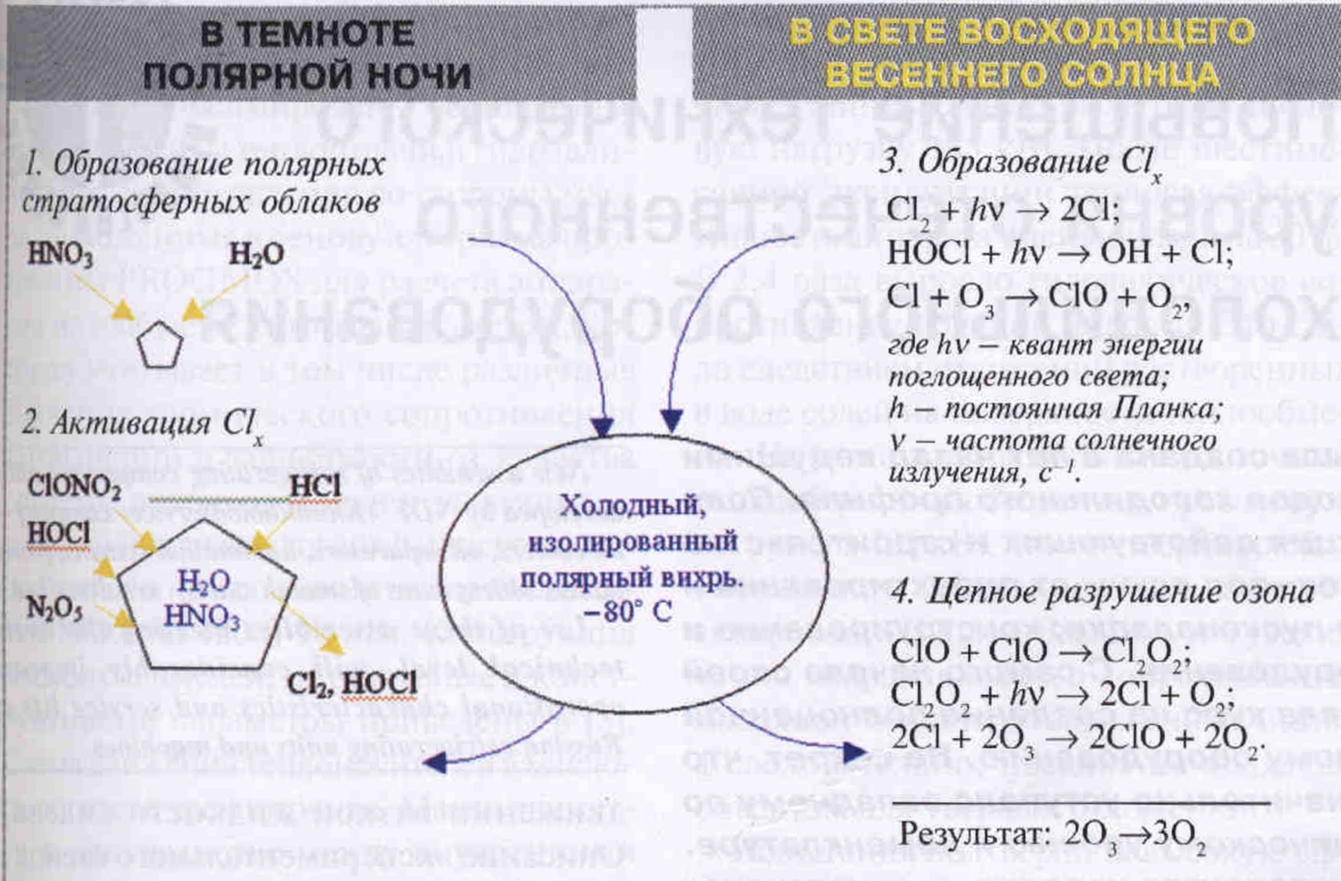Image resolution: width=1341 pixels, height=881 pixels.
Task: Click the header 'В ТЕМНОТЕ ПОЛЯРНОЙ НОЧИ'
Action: tap(308, 55)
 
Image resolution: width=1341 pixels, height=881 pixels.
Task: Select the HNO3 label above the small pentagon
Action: tap(60, 255)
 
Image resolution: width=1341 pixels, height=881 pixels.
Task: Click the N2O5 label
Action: tap(54, 608)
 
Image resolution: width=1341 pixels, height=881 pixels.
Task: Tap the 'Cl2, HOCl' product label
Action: tap(352, 683)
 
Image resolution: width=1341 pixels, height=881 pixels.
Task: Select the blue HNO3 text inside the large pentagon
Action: tap(202, 616)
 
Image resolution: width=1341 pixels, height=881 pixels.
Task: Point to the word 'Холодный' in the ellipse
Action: tap(632, 507)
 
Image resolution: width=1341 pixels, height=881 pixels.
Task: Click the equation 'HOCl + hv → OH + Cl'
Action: tap(1060, 254)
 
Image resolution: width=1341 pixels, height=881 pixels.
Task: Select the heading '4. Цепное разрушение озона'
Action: tap(1102, 593)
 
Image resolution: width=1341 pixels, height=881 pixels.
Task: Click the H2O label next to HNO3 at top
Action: tap(256, 255)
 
